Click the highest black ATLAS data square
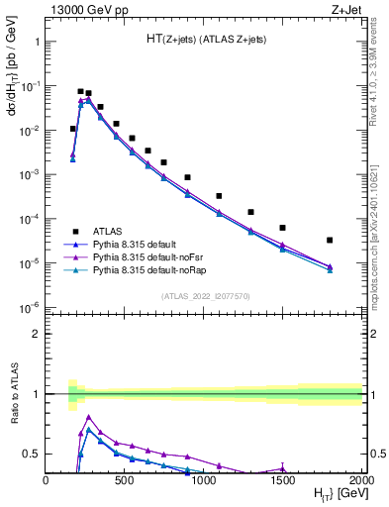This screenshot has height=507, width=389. (80, 91)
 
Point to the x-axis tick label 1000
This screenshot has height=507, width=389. (204, 480)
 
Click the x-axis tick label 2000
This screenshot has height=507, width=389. (361, 480)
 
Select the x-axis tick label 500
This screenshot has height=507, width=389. (125, 480)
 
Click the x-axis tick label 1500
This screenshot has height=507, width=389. (283, 480)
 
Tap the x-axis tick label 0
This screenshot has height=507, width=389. (47, 480)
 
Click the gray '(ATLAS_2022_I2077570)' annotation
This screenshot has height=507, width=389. (204, 295)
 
